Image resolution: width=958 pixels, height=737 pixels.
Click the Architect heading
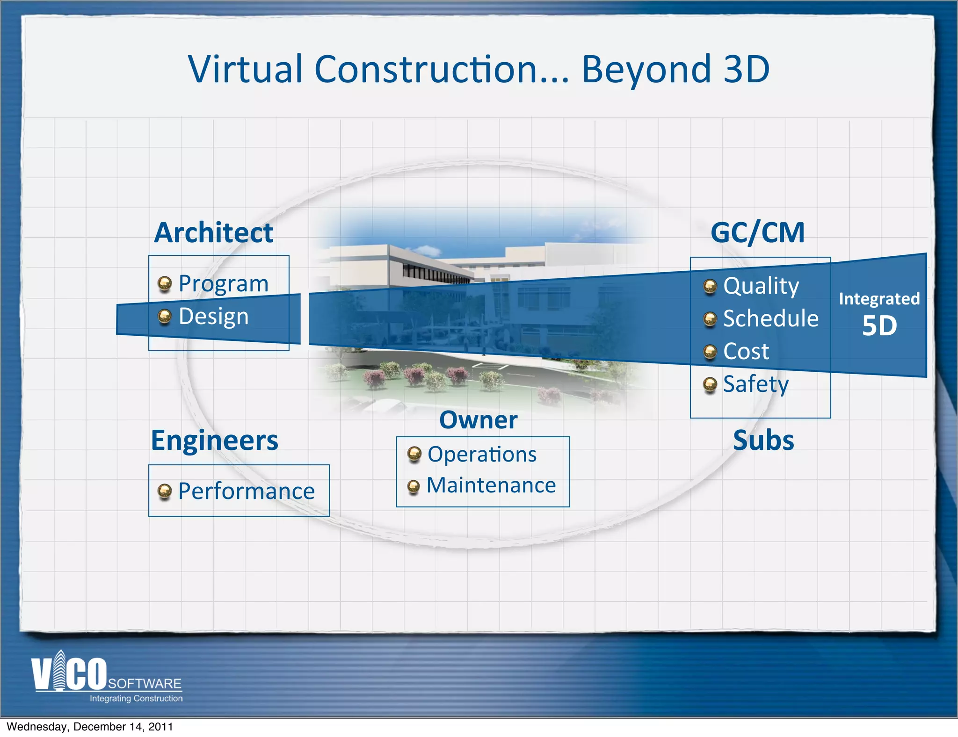(x=214, y=232)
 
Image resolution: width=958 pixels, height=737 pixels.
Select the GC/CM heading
(x=757, y=232)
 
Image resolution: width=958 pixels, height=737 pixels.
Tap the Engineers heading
(x=214, y=441)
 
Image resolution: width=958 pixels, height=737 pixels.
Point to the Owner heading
(x=478, y=420)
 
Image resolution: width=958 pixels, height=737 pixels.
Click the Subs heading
(x=763, y=441)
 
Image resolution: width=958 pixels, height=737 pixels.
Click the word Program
(x=224, y=284)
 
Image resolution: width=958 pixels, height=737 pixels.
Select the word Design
(x=213, y=317)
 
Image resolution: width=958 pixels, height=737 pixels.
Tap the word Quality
(x=761, y=286)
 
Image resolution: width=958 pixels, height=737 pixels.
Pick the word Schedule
(x=771, y=318)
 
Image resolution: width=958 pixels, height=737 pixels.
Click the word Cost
(x=746, y=351)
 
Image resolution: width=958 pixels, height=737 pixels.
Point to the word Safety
(x=756, y=384)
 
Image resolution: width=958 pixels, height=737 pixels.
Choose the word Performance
(x=247, y=491)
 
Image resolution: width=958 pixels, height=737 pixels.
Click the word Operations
(x=482, y=454)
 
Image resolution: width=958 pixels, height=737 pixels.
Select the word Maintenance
(x=491, y=485)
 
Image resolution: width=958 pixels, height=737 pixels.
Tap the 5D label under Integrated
(x=879, y=325)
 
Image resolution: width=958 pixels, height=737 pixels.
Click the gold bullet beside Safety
(x=710, y=385)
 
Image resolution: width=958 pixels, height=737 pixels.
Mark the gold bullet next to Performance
(x=165, y=491)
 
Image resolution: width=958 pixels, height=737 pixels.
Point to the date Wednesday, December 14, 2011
(x=90, y=727)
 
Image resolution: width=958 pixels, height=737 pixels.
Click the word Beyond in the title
(x=646, y=69)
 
